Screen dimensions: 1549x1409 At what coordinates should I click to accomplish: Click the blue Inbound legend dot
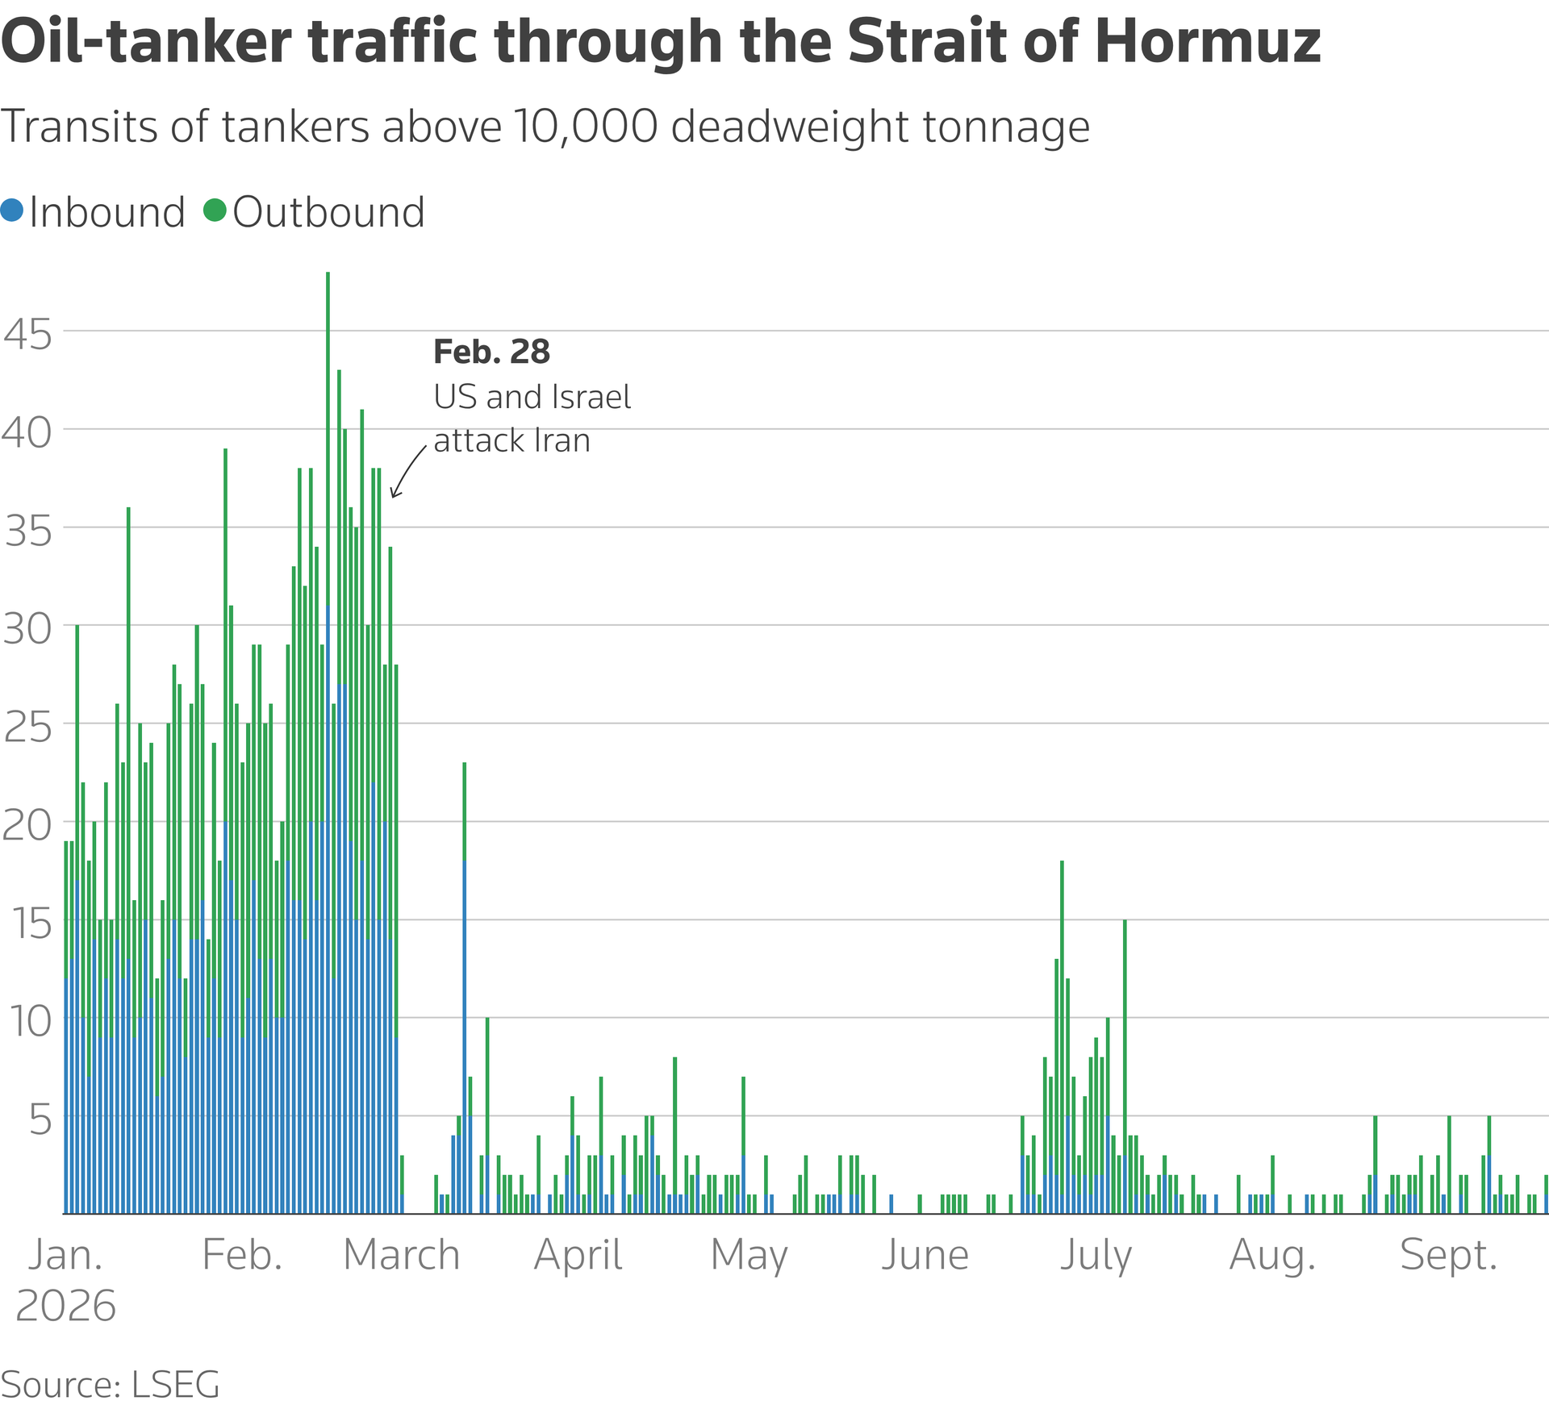12,211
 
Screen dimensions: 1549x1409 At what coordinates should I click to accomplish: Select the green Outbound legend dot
215,211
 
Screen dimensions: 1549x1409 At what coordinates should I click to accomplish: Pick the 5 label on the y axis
41,1119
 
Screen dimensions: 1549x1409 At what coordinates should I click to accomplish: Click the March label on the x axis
402,1255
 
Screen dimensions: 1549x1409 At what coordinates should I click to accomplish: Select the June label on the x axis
925,1255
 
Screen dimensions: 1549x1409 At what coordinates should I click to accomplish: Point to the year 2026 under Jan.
66,1306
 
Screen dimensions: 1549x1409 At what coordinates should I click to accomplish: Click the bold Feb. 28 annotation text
492,352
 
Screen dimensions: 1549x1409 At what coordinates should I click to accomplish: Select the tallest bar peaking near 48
328,742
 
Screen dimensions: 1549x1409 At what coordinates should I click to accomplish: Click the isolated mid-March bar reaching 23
465,987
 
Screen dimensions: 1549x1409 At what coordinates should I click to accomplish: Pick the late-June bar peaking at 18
1062,1036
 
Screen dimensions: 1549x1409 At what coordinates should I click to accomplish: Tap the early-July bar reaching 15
1125,1066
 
